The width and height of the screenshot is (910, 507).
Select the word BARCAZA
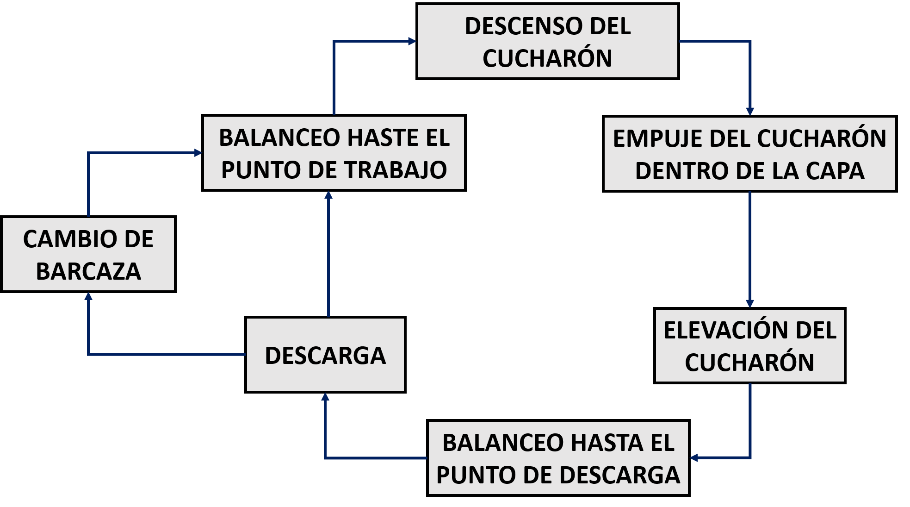click(88, 271)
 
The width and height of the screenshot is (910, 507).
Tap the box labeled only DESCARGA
click(325, 355)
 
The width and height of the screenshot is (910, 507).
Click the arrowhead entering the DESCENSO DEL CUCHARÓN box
click(412, 41)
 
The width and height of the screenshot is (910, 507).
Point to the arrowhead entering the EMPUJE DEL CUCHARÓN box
click(750, 111)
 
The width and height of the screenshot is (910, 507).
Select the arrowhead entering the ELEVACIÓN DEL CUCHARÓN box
click(750, 303)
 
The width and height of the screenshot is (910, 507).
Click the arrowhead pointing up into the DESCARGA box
click(325, 397)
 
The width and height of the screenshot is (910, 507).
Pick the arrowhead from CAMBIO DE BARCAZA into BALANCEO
click(198, 152)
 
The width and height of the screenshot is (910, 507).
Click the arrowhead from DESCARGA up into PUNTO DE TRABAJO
click(328, 195)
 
